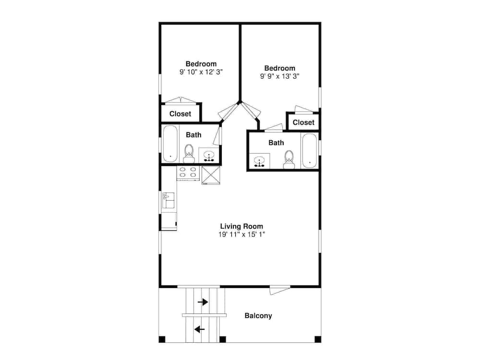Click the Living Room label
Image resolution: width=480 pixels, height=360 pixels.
pyautogui.click(x=241, y=226)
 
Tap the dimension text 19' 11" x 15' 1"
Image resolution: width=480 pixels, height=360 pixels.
pyautogui.click(x=241, y=235)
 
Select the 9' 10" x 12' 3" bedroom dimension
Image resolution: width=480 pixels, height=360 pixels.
pyautogui.click(x=201, y=72)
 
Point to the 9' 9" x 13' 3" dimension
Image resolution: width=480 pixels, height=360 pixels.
pyautogui.click(x=279, y=76)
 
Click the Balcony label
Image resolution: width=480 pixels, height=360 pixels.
pyautogui.click(x=258, y=316)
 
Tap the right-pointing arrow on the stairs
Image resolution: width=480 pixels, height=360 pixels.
pyautogui.click(x=203, y=302)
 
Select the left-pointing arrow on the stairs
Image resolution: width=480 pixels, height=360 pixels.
pyautogui.click(x=200, y=329)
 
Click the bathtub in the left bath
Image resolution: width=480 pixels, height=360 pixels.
pyautogui.click(x=170, y=144)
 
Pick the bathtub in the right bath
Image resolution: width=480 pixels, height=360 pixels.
pyautogui.click(x=309, y=151)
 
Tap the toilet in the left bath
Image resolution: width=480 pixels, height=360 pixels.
pyautogui.click(x=189, y=154)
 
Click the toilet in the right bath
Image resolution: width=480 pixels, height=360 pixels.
pyautogui.click(x=289, y=159)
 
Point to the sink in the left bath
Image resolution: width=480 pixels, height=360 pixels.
pyautogui.click(x=209, y=156)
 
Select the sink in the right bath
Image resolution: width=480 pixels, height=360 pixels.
pyautogui.click(x=260, y=161)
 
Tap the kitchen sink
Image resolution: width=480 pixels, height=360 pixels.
pyautogui.click(x=168, y=200)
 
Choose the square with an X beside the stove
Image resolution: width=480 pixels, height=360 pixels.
pyautogui.click(x=211, y=175)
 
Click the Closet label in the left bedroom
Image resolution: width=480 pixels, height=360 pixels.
pyautogui.click(x=180, y=114)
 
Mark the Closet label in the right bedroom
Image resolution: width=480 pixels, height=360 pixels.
pyautogui.click(x=303, y=122)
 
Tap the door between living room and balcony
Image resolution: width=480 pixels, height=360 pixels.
pyautogui.click(x=279, y=289)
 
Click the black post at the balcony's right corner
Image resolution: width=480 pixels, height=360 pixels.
pyautogui.click(x=318, y=339)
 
